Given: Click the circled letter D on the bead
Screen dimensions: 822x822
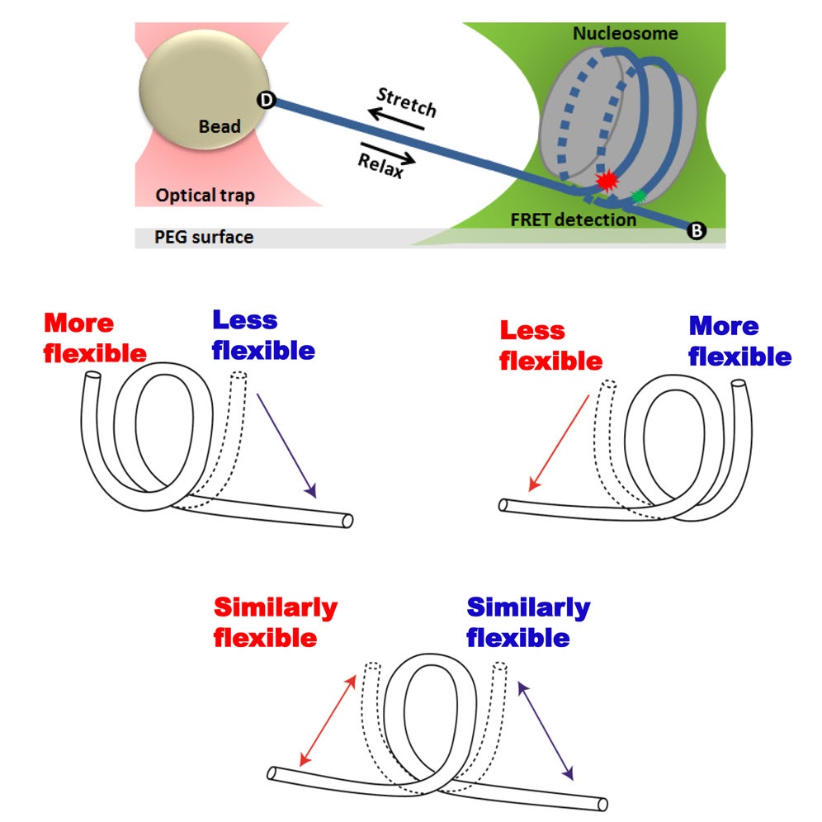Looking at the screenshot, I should click(266, 100).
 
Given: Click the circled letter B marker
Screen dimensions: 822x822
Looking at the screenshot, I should click(696, 232).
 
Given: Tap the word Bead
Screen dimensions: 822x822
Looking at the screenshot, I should click(220, 126).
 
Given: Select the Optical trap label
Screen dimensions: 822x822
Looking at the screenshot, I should click(205, 196).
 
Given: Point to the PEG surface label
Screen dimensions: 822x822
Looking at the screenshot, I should click(204, 238).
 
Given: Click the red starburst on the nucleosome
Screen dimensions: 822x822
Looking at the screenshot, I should click(607, 180).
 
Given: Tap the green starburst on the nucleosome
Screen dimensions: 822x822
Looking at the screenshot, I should click(638, 196).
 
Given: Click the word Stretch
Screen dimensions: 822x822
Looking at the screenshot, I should click(406, 101).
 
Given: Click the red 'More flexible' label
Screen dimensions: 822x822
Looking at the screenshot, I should click(94, 338).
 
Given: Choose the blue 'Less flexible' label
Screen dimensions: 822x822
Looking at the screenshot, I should click(263, 335).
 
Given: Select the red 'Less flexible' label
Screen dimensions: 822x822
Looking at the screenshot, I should click(550, 346).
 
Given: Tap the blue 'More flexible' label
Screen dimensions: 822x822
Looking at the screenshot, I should click(739, 341).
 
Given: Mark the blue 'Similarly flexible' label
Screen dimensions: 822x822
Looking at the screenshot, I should click(528, 622).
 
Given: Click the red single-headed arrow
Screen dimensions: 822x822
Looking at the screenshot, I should click(559, 442).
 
